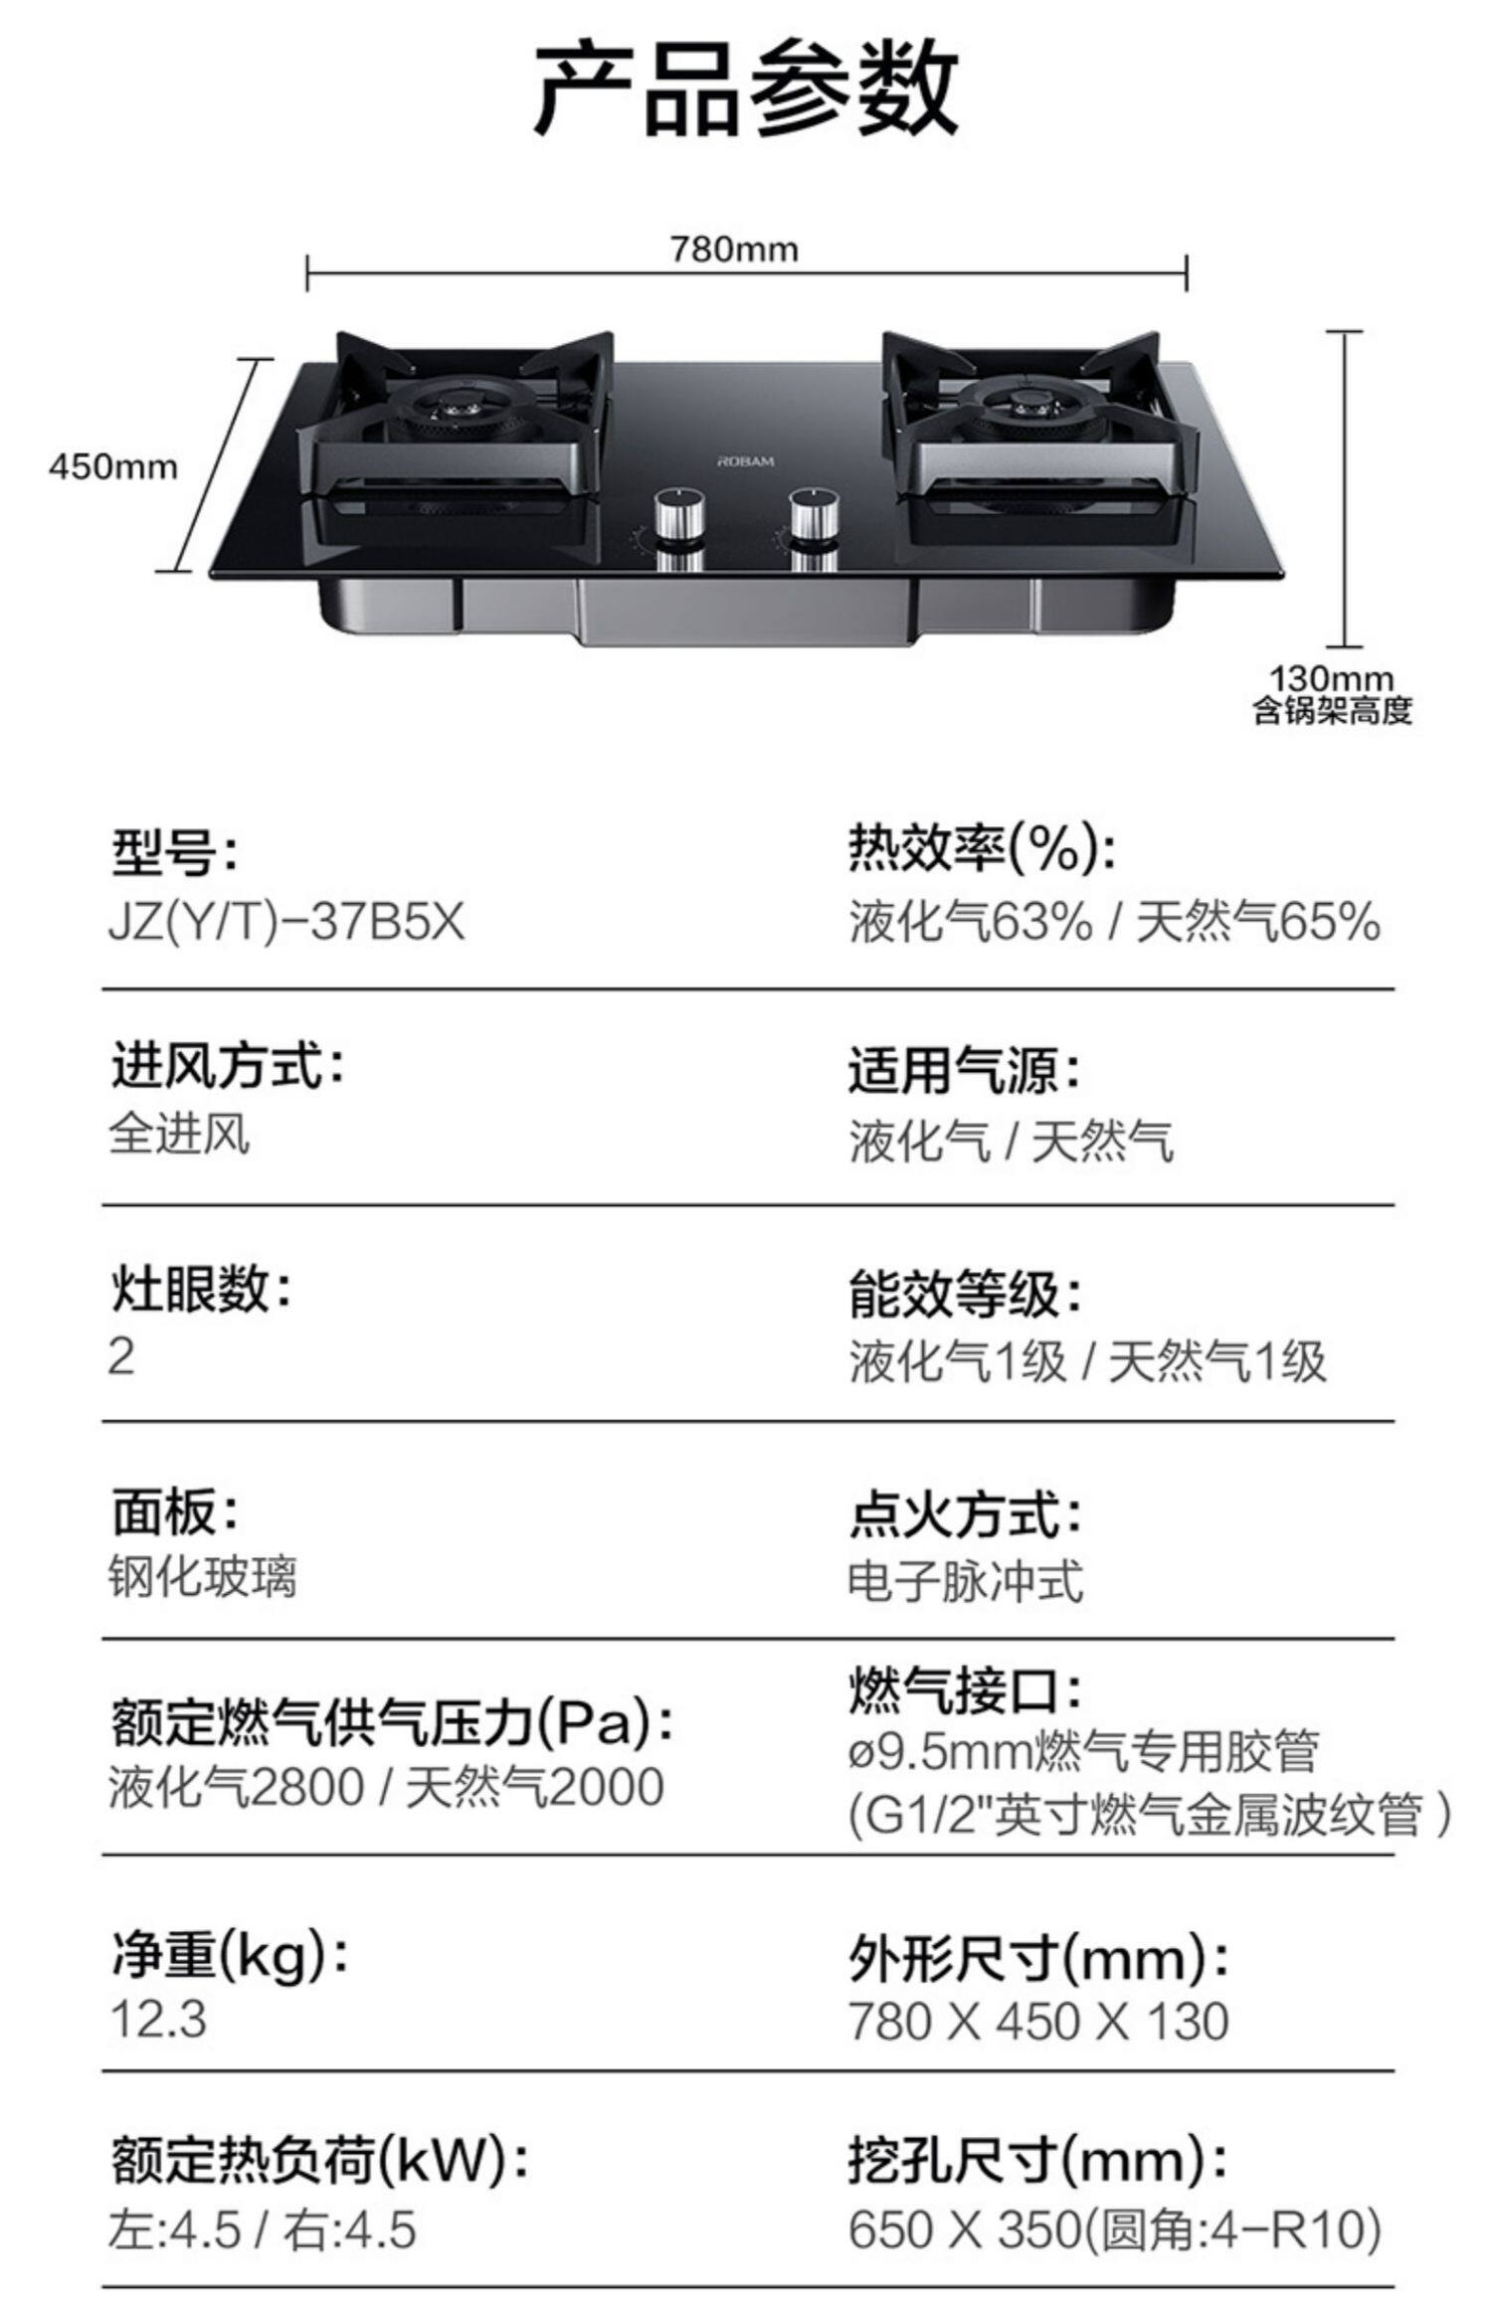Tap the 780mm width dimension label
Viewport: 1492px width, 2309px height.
(x=733, y=249)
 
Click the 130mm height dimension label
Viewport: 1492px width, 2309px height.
(x=1331, y=680)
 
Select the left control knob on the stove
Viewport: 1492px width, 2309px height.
(x=680, y=519)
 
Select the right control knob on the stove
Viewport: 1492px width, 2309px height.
(x=814, y=519)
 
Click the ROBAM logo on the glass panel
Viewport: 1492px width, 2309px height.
(x=746, y=461)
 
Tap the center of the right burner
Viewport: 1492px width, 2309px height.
(x=1028, y=404)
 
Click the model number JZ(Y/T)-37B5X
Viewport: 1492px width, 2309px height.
(x=286, y=922)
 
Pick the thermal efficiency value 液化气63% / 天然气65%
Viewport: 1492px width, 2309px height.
(x=1114, y=922)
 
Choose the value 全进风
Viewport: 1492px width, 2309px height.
(x=179, y=1135)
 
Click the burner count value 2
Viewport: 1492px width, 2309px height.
(x=121, y=1356)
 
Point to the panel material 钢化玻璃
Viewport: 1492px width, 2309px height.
(x=202, y=1577)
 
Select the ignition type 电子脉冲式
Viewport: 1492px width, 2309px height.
(x=965, y=1581)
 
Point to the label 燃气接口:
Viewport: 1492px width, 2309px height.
(x=964, y=1691)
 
